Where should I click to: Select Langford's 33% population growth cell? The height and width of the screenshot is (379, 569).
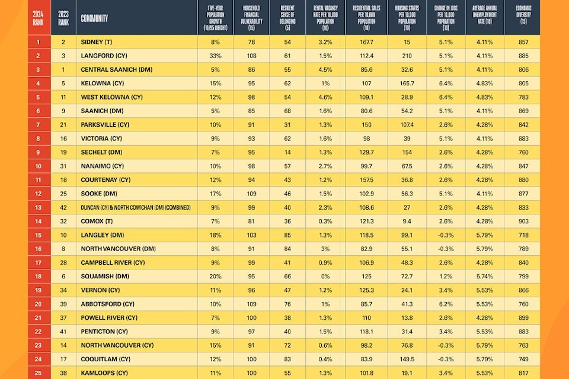tap(215, 56)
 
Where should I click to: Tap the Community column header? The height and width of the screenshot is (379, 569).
tap(94, 18)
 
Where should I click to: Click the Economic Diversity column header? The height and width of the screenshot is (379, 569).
tap(522, 18)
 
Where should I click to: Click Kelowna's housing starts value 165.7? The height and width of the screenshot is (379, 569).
tap(407, 83)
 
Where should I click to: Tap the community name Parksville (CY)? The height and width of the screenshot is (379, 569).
tap(105, 124)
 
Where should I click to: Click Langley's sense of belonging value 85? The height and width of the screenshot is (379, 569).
tap(287, 235)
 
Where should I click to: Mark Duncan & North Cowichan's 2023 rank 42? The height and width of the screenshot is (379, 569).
tap(62, 207)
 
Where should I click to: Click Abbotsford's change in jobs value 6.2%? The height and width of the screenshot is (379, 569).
tap(445, 303)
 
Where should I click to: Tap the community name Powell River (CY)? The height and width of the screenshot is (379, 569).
tap(109, 317)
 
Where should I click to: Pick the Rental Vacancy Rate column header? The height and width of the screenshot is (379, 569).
tap(325, 18)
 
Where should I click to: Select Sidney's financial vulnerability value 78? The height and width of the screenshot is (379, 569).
tap(251, 42)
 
